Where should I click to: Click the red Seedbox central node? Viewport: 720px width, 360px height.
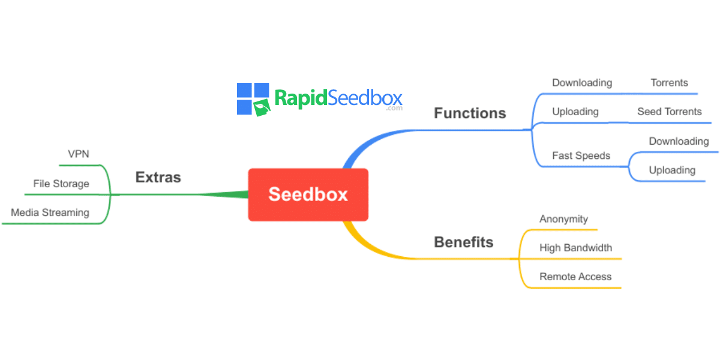pos(308,194)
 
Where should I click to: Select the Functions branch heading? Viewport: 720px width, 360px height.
pos(470,113)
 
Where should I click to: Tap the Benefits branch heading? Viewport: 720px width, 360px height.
pos(463,242)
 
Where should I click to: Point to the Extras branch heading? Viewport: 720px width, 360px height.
pos(158,177)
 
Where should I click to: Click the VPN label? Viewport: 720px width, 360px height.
pos(79,154)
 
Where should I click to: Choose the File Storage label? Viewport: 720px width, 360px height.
pos(61,184)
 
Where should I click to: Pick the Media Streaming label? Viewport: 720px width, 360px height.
pos(50,212)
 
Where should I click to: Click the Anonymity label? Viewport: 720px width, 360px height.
pos(564,219)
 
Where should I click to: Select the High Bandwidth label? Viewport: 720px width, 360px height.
pos(575,248)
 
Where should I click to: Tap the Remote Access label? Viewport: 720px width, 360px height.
pos(575,277)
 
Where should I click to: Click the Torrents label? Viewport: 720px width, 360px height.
pos(669,83)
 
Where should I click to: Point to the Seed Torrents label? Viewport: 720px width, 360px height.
pos(669,112)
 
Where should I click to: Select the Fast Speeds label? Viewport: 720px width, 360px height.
pos(581,156)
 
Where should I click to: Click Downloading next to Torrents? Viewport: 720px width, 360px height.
pos(582,83)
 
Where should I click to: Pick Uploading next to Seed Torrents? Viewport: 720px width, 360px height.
pos(575,112)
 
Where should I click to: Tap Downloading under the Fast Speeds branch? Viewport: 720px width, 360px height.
pos(679,142)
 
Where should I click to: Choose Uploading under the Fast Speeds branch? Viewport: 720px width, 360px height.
pos(672,170)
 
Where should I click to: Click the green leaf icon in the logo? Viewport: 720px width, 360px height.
pos(262,107)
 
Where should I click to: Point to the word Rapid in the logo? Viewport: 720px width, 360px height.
pos(301,98)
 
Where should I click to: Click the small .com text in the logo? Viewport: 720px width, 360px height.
pos(394,109)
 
